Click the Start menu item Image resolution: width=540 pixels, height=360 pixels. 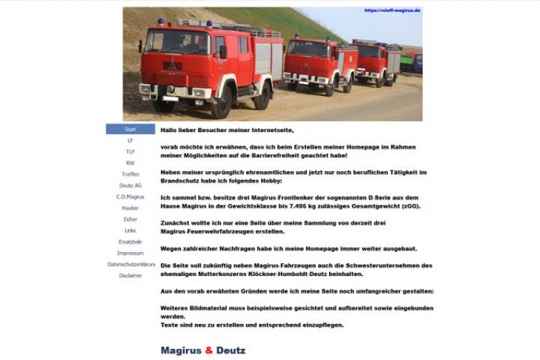click(x=130, y=129)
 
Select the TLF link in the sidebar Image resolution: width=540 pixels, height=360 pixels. click(x=130, y=151)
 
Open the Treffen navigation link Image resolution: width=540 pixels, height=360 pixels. click(x=130, y=174)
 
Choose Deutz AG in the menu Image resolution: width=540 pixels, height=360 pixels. click(x=130, y=185)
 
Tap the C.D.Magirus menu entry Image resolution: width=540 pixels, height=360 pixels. click(x=130, y=196)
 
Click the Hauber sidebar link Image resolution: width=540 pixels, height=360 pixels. click(x=130, y=208)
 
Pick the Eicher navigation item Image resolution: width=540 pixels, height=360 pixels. click(x=130, y=219)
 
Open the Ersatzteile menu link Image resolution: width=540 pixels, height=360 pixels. click(x=130, y=241)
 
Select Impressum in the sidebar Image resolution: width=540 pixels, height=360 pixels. click(x=130, y=253)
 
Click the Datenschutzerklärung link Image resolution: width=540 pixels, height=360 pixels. click(x=130, y=264)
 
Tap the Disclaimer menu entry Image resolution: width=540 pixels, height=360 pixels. click(x=130, y=275)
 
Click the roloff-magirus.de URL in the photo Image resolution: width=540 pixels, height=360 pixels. click(x=392, y=10)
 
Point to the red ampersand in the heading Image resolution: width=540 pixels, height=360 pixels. click(x=209, y=350)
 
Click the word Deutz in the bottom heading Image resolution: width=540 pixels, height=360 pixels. click(x=231, y=350)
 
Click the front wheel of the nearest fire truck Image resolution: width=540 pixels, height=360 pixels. click(x=221, y=103)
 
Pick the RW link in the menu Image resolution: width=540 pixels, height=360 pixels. click(x=130, y=163)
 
